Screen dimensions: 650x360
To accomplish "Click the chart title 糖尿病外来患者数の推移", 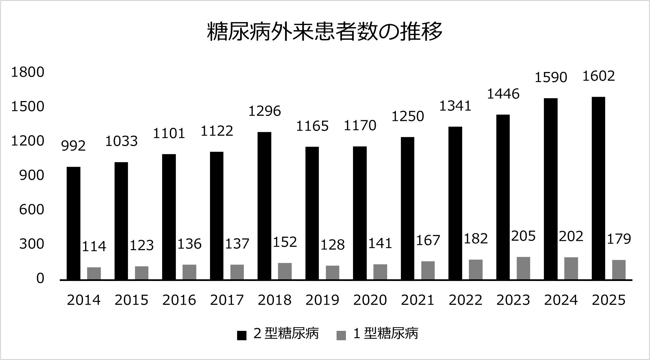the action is [325, 32].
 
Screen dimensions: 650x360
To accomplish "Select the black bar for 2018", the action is [264, 206].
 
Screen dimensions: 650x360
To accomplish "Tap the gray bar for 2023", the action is [523, 268].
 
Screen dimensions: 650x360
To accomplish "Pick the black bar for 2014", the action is [74, 223].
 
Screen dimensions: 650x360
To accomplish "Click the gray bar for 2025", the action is [619, 270].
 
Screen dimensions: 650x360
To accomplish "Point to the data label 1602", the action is [599, 76].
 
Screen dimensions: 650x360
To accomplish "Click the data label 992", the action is [74, 146].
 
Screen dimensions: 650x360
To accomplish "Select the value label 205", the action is [523, 236].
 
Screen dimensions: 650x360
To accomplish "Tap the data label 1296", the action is [265, 111].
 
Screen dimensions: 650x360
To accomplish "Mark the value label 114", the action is [94, 246].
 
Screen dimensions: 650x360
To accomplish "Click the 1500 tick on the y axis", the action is [28, 106].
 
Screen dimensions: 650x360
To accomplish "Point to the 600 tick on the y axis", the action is [32, 210].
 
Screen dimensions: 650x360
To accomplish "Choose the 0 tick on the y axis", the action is [40, 278].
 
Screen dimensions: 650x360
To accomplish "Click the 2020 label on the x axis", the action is [370, 300].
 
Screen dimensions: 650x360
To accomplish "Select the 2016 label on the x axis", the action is [179, 300].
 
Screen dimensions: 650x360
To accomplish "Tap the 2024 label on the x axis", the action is [561, 300].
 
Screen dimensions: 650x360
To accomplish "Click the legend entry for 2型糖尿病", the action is [278, 334].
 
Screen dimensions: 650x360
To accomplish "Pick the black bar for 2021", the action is [408, 208].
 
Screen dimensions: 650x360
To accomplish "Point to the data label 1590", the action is [551, 77].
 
